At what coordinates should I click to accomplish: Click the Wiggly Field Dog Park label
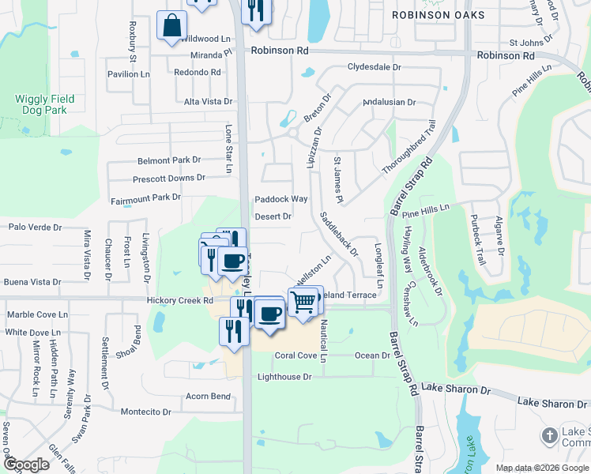[x=44, y=104]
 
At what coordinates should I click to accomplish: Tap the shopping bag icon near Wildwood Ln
[x=171, y=26]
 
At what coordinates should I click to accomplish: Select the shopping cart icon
[x=303, y=302]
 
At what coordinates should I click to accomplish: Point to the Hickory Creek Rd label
[x=180, y=301]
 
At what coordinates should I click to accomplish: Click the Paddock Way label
[x=280, y=199]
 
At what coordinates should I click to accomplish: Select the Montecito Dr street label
[x=145, y=412]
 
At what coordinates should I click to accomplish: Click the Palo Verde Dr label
[x=35, y=227]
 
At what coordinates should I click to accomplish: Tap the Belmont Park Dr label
[x=169, y=160]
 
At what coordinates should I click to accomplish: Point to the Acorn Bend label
[x=209, y=396]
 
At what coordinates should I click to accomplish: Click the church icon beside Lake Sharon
[x=550, y=436]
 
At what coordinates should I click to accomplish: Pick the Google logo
[x=26, y=465]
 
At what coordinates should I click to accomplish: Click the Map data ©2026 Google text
[x=541, y=468]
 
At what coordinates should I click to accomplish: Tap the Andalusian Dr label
[x=389, y=102]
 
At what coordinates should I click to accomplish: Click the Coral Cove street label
[x=295, y=355]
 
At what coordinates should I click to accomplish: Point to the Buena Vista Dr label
[x=32, y=281]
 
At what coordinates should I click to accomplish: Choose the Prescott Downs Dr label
[x=168, y=179]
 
